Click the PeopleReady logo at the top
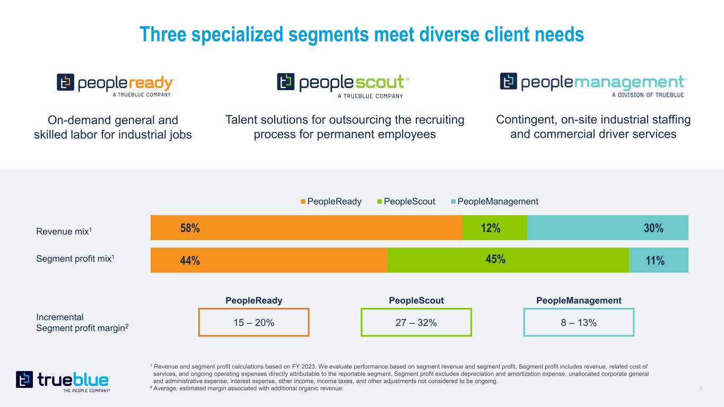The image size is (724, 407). click(116, 85)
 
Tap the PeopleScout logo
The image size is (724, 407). click(343, 85)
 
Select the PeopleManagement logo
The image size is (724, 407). click(593, 85)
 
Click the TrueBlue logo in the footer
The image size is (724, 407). click(63, 381)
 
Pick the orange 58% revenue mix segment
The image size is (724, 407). click(306, 228)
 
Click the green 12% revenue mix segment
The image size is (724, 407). click(494, 228)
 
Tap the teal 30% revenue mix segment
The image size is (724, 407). click(607, 228)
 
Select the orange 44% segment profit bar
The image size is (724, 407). click(268, 260)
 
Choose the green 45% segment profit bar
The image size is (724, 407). click(508, 260)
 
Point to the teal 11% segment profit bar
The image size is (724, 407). click(658, 260)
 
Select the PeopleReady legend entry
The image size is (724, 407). click(331, 201)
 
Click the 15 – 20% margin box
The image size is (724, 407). click(254, 322)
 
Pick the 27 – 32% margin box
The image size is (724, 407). click(416, 322)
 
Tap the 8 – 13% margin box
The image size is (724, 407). click(579, 322)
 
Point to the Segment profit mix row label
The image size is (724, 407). click(75, 259)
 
